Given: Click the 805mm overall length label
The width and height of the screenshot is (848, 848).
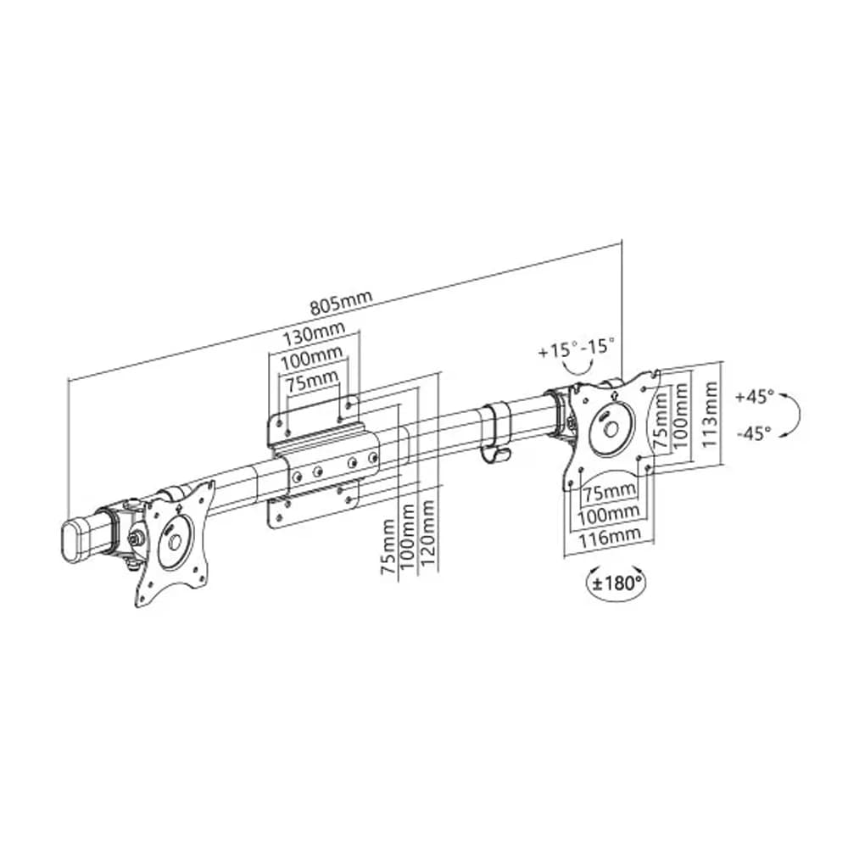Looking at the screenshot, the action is point(341,303).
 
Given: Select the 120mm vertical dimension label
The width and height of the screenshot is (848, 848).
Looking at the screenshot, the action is point(428,533).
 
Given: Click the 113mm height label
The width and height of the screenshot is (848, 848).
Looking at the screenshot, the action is point(709,415).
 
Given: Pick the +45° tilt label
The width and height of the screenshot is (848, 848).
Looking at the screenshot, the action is point(755,396).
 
